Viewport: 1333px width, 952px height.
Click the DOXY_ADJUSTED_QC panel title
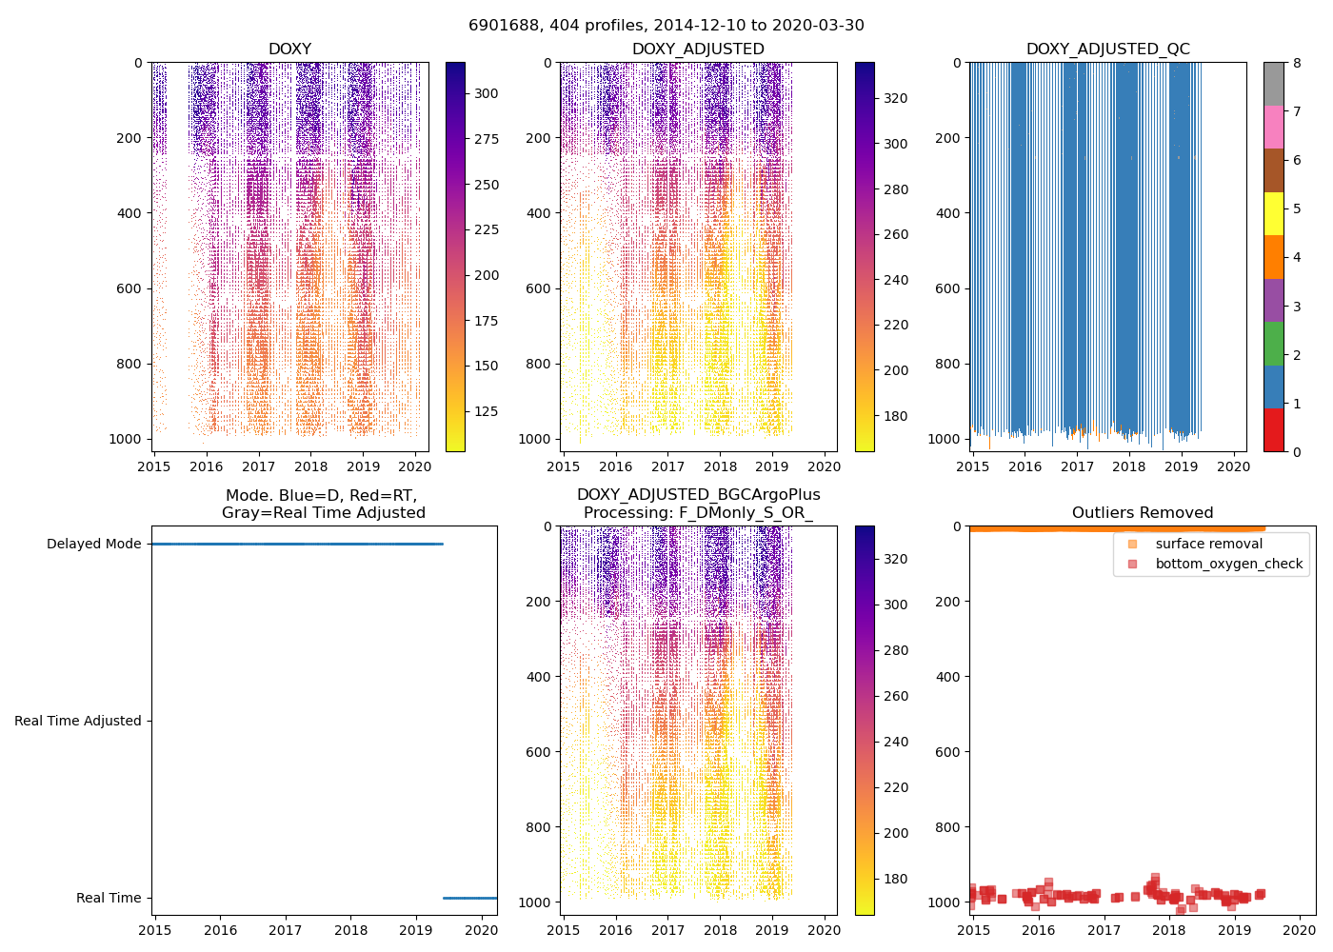(x=1107, y=50)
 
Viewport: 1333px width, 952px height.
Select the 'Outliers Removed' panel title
(x=1143, y=513)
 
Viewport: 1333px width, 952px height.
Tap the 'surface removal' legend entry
(x=1208, y=544)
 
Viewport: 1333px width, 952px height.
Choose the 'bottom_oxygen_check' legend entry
(x=1228, y=564)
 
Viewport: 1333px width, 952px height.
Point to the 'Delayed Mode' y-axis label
(x=93, y=544)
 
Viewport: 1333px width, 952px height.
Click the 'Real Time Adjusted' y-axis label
(x=78, y=721)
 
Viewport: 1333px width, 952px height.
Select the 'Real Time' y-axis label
(x=109, y=898)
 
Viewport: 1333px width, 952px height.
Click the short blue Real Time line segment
(x=469, y=898)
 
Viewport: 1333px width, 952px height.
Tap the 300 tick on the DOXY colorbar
(x=486, y=93)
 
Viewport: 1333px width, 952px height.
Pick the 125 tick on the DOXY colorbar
(x=486, y=411)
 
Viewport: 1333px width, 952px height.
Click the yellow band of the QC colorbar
(x=1273, y=213)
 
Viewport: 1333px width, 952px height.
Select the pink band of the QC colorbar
(x=1273, y=127)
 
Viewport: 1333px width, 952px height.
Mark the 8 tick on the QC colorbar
(x=1297, y=63)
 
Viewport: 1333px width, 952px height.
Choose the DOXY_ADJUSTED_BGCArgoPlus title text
(x=698, y=495)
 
